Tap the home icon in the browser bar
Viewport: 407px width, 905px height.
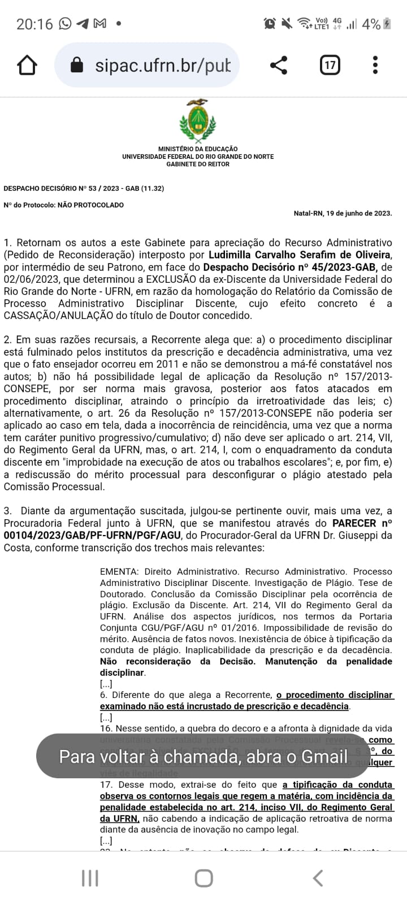(x=27, y=66)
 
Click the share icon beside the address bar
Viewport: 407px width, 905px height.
(x=278, y=66)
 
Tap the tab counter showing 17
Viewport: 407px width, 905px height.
(x=330, y=66)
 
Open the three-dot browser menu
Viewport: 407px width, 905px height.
(x=375, y=66)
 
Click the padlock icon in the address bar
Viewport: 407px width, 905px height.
(x=77, y=66)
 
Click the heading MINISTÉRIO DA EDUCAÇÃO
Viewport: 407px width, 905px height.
(x=198, y=149)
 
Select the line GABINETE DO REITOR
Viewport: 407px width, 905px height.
(x=198, y=164)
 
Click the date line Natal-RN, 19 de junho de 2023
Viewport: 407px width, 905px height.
(x=343, y=213)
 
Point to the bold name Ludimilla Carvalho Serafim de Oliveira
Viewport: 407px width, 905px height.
(x=299, y=255)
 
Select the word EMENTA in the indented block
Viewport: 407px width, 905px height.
(x=119, y=572)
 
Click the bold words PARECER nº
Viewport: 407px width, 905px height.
(x=362, y=523)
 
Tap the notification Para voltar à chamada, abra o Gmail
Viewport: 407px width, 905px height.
(x=203, y=756)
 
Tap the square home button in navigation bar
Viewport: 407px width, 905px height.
(x=203, y=878)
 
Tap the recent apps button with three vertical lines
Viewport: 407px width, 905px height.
(x=90, y=878)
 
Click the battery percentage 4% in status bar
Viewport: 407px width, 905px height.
(x=371, y=24)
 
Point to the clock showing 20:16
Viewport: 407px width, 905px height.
(x=34, y=24)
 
